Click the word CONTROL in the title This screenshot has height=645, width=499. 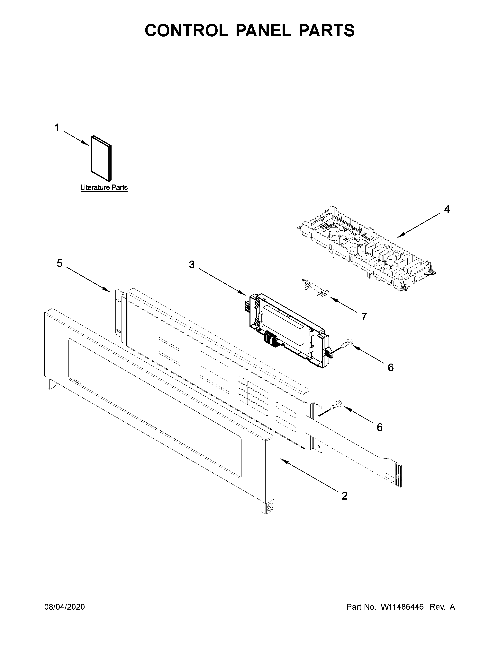186,31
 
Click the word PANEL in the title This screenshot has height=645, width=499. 263,31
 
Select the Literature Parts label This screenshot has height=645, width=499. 104,187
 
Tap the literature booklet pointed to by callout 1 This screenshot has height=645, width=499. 101,158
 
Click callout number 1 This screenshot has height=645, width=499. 57,128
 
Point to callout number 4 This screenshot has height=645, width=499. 447,209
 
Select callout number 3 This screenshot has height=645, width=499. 192,265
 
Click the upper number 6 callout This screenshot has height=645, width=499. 391,368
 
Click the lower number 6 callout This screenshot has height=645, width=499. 380,427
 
